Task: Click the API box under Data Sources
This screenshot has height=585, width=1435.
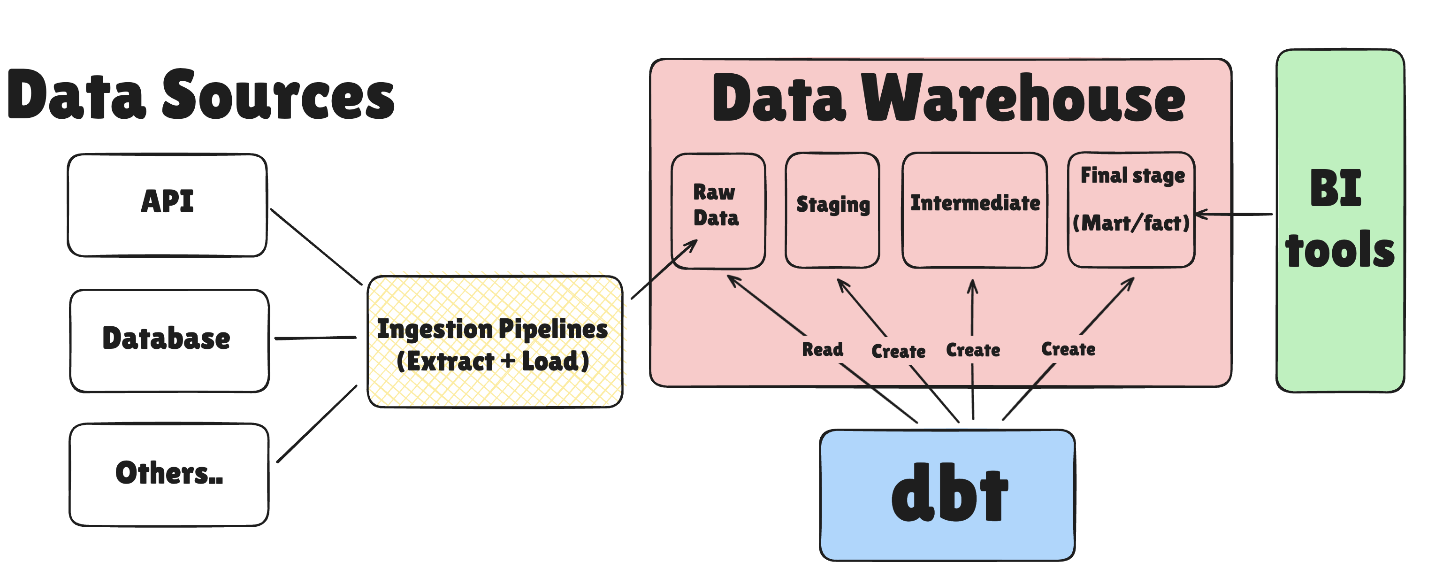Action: click(x=167, y=205)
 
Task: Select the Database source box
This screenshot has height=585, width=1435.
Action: click(x=169, y=340)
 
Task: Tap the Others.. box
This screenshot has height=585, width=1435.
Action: click(x=169, y=475)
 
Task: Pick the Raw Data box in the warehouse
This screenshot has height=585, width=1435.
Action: click(x=717, y=211)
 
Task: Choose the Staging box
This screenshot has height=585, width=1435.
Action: click(x=832, y=210)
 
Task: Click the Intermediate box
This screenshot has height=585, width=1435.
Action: click(x=974, y=210)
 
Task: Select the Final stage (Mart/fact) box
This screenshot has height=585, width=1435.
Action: click(x=1131, y=210)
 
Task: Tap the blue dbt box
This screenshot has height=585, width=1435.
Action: click(x=947, y=495)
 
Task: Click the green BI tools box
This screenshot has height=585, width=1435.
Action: click(x=1340, y=221)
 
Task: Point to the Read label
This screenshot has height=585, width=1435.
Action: click(x=822, y=349)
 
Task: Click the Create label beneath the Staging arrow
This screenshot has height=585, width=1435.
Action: click(x=898, y=351)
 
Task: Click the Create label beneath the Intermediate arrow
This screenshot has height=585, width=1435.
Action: click(x=973, y=350)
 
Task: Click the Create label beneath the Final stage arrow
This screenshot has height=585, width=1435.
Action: click(x=1068, y=349)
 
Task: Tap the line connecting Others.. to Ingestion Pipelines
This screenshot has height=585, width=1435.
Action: click(x=316, y=424)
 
